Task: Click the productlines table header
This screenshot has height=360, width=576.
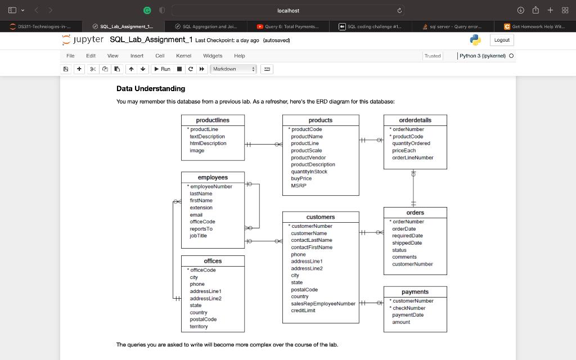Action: pyautogui.click(x=213, y=120)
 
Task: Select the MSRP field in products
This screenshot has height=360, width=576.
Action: pyautogui.click(x=299, y=186)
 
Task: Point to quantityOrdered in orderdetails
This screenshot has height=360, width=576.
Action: pyautogui.click(x=411, y=143)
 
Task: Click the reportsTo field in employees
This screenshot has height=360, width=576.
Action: pyautogui.click(x=201, y=229)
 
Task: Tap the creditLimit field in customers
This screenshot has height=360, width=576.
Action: pyautogui.click(x=303, y=310)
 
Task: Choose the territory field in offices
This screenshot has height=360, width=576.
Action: pyautogui.click(x=199, y=326)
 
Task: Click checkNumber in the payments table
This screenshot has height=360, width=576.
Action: pyautogui.click(x=409, y=308)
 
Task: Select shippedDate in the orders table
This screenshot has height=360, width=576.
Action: pyautogui.click(x=407, y=243)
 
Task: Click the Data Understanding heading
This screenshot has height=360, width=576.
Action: pyautogui.click(x=151, y=88)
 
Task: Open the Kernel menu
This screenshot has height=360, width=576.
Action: pyautogui.click(x=183, y=56)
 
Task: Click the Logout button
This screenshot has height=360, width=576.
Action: pyautogui.click(x=502, y=40)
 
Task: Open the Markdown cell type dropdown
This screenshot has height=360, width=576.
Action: pyautogui.click(x=233, y=69)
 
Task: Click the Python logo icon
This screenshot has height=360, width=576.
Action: pyautogui.click(x=476, y=40)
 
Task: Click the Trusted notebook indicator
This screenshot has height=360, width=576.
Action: pyautogui.click(x=433, y=56)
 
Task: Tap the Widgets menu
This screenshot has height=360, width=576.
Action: pyautogui.click(x=213, y=56)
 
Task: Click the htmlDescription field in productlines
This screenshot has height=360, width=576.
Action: pyautogui.click(x=208, y=143)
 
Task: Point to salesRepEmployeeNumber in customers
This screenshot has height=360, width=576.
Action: pyautogui.click(x=323, y=304)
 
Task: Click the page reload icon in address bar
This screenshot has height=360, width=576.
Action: pyautogui.click(x=399, y=11)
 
